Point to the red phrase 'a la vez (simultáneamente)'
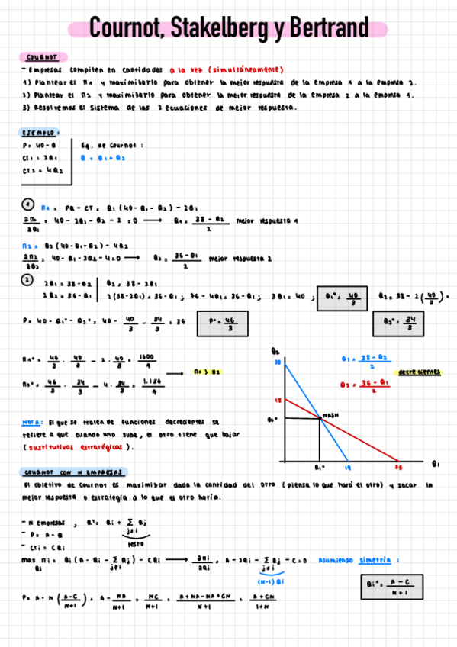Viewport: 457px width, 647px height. tap(227, 69)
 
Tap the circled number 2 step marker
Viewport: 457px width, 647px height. tap(26, 279)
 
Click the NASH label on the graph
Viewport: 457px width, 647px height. tap(330, 415)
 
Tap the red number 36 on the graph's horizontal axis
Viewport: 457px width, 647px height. tap(397, 466)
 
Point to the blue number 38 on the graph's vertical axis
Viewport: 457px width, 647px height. tap(278, 361)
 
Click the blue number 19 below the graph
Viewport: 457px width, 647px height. tap(346, 466)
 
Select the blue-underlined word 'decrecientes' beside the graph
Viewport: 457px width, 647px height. tap(419, 372)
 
